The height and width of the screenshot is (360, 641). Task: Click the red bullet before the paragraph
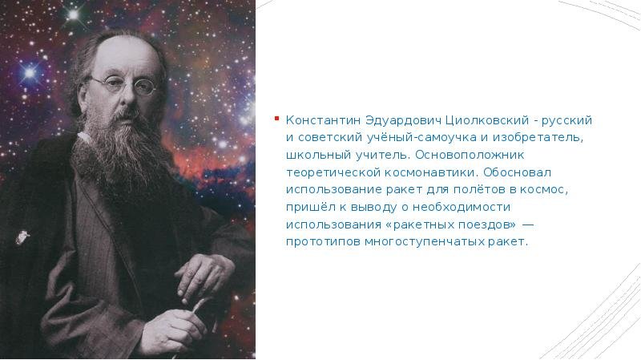pyautogui.click(x=276, y=119)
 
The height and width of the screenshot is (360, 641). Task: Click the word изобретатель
pyautogui.click(x=538, y=138)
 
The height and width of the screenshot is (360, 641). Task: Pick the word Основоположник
pyautogui.click(x=470, y=155)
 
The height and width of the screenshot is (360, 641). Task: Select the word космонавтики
pyautogui.click(x=430, y=172)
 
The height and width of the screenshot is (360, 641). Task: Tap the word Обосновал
pyautogui.click(x=517, y=172)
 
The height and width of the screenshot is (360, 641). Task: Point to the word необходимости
pyautogui.click(x=462, y=207)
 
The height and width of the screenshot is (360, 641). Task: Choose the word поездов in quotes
pyautogui.click(x=484, y=224)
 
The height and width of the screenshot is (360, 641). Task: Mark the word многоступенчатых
pyautogui.click(x=424, y=242)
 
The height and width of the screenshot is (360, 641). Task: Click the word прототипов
pyautogui.click(x=323, y=242)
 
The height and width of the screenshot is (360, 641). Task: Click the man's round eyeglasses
pyautogui.click(x=123, y=85)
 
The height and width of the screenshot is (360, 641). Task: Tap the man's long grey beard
pyautogui.click(x=119, y=152)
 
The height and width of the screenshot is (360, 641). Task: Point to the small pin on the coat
pyautogui.click(x=22, y=237)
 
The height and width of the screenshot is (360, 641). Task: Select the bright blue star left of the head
pyautogui.click(x=30, y=73)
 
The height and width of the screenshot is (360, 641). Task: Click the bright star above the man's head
pyautogui.click(x=73, y=14)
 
